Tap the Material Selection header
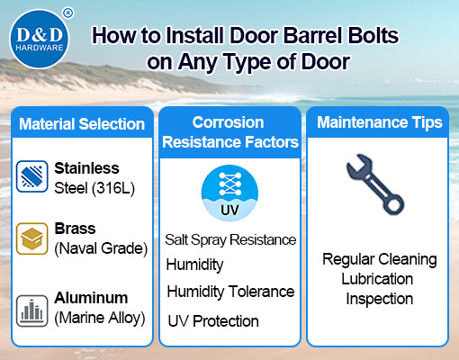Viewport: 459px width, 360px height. point(81,123)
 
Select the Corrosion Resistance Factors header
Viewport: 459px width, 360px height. point(229,130)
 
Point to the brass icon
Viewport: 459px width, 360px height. point(31,238)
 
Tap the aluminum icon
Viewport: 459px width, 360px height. point(31,305)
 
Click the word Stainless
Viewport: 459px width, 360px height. point(86,167)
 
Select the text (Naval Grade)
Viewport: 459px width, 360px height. point(100,247)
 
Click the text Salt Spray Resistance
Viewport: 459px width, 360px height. point(230,240)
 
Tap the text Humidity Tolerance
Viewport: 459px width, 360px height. point(230,292)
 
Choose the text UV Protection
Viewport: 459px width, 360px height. point(213,320)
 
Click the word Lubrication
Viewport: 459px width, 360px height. point(379,280)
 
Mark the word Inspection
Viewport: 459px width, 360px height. point(379,299)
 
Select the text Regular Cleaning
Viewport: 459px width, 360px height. point(379,260)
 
